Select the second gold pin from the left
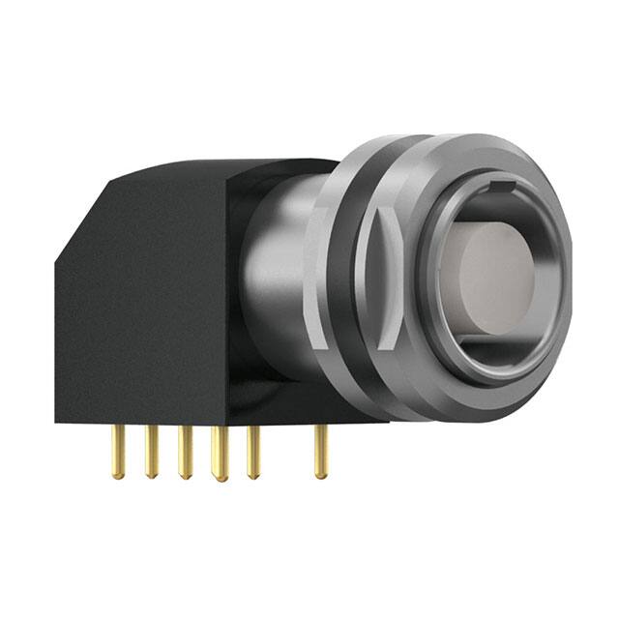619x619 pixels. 152,450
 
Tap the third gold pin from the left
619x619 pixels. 184,452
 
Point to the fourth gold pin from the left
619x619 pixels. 220,453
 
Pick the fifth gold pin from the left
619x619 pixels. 252,451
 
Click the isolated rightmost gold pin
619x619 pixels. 320,451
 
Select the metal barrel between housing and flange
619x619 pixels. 280,280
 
